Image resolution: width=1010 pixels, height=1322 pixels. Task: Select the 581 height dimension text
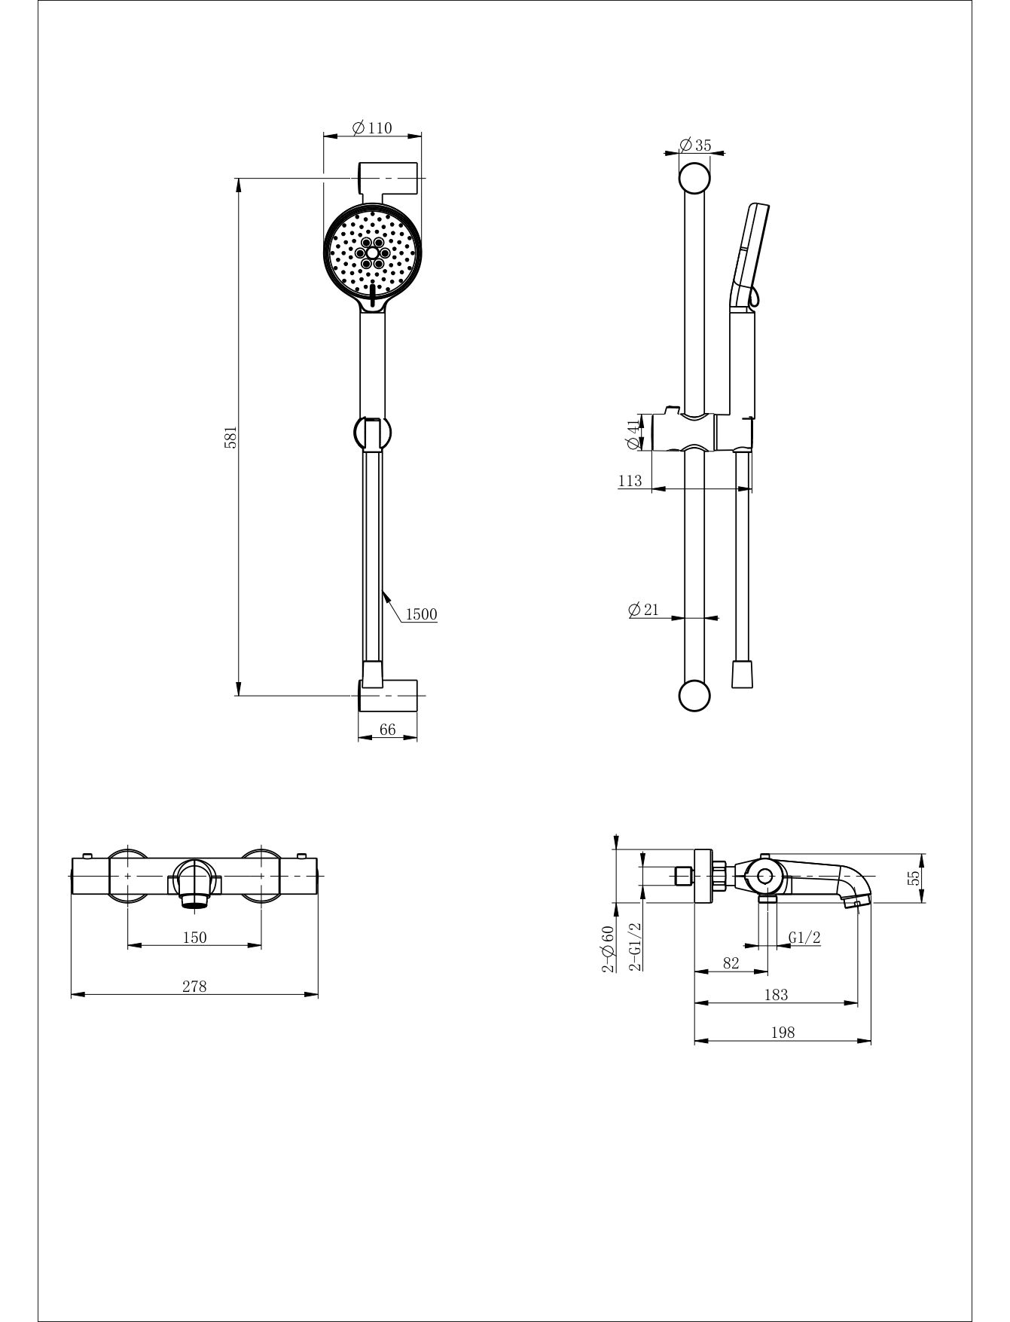[232, 437]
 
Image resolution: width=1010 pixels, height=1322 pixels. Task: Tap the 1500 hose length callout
[421, 614]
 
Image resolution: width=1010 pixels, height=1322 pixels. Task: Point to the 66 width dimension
[388, 729]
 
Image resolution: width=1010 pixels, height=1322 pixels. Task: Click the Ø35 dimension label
[694, 145]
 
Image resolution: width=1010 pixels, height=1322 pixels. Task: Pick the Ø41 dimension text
[633, 434]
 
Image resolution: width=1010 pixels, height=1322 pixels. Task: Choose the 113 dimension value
[630, 480]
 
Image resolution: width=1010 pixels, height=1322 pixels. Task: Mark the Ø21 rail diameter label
[643, 609]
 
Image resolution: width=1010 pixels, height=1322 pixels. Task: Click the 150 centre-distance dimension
[194, 937]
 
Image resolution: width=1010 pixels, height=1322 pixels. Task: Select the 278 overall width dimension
[194, 986]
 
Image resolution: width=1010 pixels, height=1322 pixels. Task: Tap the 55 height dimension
[914, 877]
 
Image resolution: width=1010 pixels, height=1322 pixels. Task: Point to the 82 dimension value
[731, 962]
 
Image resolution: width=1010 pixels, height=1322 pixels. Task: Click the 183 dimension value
[776, 995]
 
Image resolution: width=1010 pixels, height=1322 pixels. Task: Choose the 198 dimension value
[783, 1033]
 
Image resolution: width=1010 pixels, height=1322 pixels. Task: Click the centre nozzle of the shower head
[372, 254]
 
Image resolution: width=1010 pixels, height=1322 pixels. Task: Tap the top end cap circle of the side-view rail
[694, 179]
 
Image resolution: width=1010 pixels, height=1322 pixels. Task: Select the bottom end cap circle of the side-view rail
[694, 696]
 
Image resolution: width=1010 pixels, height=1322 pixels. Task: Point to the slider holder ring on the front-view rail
[372, 433]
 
